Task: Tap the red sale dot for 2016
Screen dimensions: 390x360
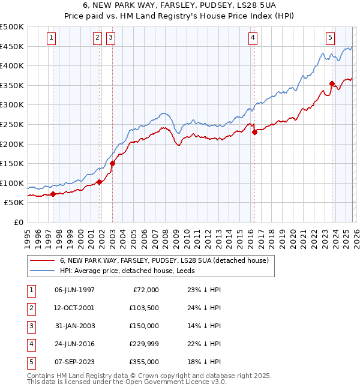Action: point(254,132)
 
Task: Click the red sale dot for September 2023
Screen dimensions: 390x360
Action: point(332,83)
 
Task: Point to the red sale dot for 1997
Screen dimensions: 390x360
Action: point(53,194)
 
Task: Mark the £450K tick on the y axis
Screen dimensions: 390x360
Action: point(12,46)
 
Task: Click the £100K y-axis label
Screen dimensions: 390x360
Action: point(12,183)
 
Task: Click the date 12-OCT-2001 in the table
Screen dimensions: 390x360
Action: point(74,308)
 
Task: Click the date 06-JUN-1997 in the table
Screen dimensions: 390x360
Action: point(74,290)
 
